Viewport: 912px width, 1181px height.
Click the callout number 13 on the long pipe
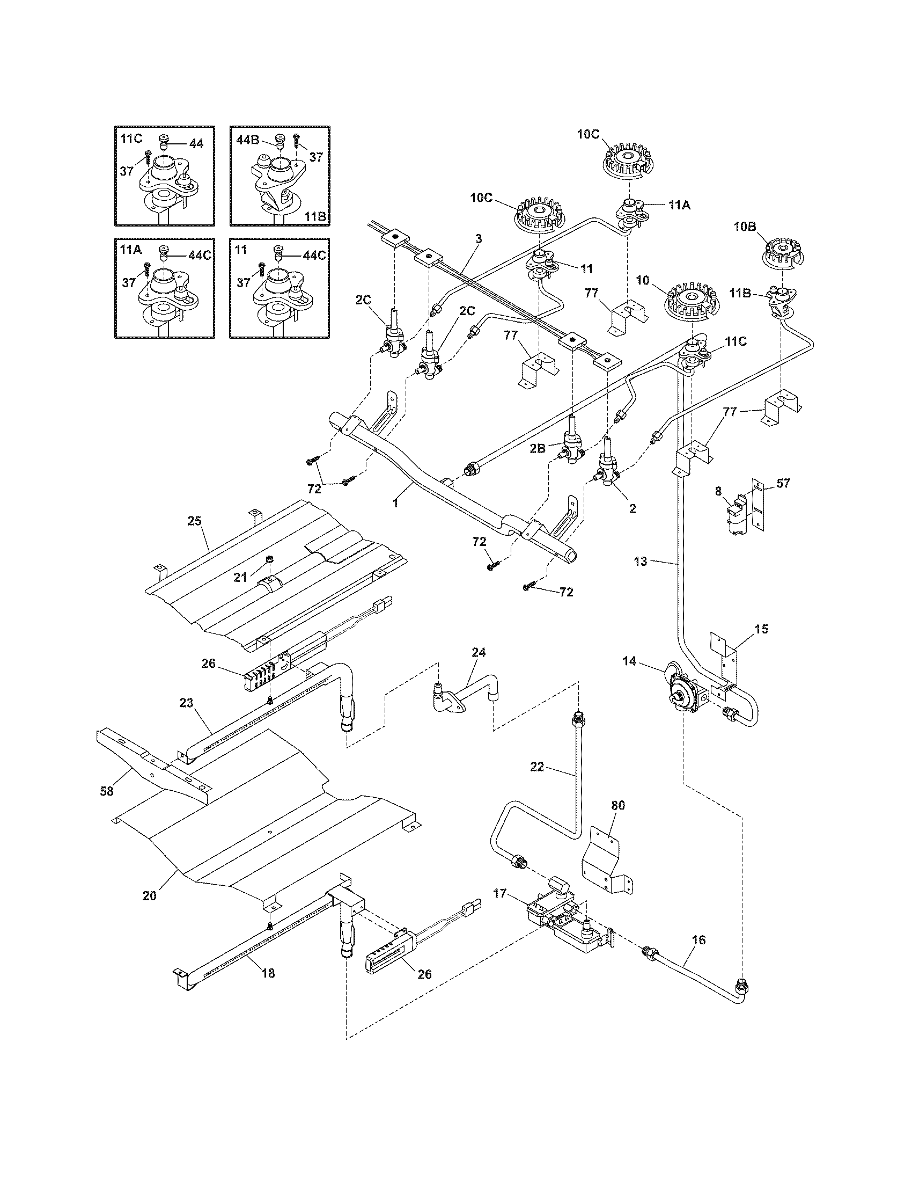click(640, 562)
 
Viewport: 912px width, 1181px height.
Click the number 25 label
click(194, 521)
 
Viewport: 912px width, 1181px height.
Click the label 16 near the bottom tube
click(698, 941)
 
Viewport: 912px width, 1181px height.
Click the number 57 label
click(783, 483)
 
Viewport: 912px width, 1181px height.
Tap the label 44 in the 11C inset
click(196, 144)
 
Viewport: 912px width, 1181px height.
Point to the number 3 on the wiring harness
click(478, 239)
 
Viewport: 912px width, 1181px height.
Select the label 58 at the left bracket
click(107, 791)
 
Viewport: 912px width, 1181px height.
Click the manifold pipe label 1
click(395, 502)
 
